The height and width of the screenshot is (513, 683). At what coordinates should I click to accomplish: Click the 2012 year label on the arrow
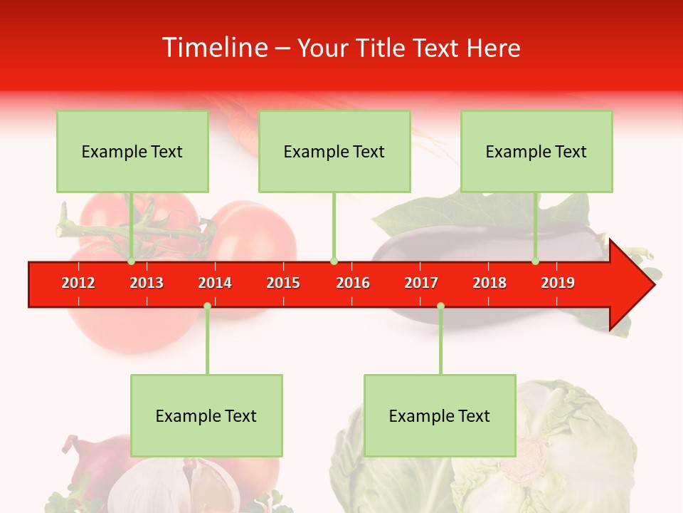coord(78,283)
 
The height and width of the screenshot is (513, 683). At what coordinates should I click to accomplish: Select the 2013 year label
coord(147,283)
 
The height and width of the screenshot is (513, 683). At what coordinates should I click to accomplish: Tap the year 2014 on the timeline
coord(215,283)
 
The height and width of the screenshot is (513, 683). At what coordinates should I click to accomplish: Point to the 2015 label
coord(283,283)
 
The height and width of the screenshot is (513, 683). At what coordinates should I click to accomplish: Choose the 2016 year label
coord(353,283)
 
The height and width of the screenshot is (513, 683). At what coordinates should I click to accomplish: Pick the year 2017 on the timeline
coord(421,283)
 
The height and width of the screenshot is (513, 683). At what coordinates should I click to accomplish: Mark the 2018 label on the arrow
coord(489,283)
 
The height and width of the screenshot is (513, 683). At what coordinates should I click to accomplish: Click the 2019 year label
coord(558,283)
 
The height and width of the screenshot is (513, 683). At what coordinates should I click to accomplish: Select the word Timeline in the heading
coord(214,48)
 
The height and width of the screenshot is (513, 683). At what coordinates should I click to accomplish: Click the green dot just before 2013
coord(131,261)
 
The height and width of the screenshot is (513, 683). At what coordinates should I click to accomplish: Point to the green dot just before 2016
coord(334,261)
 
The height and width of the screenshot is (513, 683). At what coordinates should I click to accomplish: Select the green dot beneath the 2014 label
coord(207,306)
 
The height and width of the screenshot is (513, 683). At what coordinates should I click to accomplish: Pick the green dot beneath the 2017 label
coord(440,306)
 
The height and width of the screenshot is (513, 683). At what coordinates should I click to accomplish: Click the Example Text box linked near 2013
coord(132,151)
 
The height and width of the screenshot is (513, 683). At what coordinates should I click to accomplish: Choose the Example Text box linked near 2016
coord(334,151)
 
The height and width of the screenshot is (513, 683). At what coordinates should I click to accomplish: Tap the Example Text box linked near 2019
coord(536,151)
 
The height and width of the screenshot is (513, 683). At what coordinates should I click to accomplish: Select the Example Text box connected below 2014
coord(206,415)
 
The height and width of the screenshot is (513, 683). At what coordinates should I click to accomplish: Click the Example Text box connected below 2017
coord(440,415)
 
